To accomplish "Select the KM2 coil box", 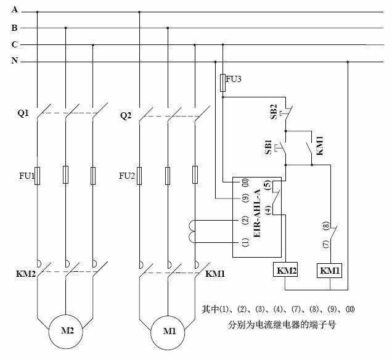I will point(285,270).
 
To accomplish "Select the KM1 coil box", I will point(330,270).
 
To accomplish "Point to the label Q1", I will point(23,114).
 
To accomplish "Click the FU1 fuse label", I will point(20,176).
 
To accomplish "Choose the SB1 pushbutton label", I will point(269,149).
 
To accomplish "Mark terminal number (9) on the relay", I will point(245,198).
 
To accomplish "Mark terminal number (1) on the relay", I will point(245,243).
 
